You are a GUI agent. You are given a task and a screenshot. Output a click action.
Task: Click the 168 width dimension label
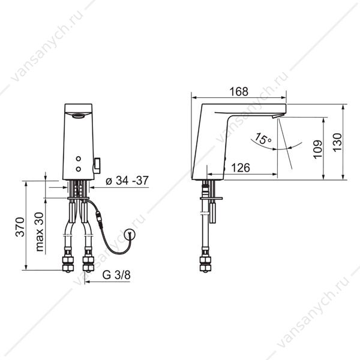[x=239, y=92]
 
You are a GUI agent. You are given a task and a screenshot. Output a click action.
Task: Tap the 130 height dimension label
[x=337, y=142]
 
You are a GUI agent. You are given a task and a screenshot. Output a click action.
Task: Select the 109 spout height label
[x=317, y=149]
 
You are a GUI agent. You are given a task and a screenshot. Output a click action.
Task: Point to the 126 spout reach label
[x=241, y=168]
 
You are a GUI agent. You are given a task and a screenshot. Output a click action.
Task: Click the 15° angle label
[x=263, y=139]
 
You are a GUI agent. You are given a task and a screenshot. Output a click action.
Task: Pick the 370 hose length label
[x=20, y=227]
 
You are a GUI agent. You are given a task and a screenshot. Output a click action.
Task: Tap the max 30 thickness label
[x=40, y=232]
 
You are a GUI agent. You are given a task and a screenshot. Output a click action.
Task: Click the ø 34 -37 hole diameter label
[x=127, y=181]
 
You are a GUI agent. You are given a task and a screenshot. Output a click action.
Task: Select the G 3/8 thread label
[x=116, y=275]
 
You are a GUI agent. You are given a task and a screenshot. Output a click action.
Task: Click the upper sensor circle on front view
[x=78, y=158]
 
